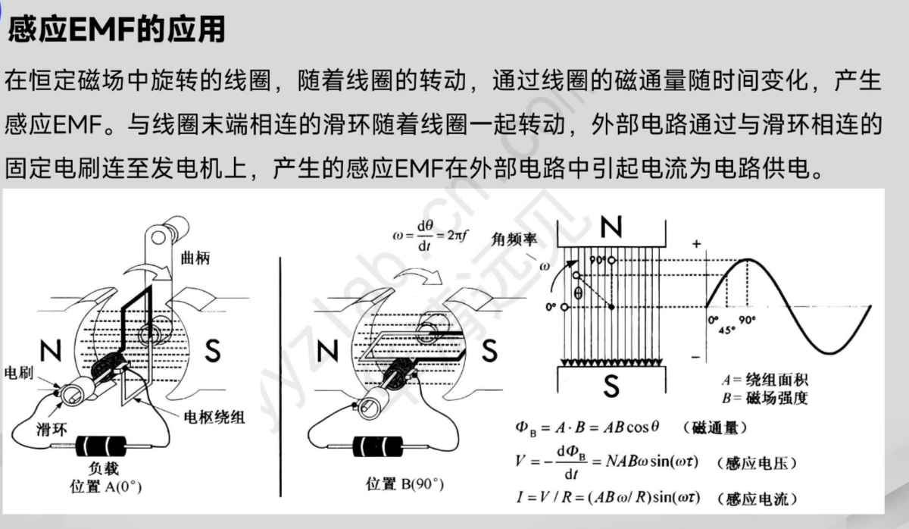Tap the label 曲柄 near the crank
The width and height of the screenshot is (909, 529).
195,258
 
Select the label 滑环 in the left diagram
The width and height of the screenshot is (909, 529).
53,430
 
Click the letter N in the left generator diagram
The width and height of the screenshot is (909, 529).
51,351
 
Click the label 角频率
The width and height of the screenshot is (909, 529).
514,239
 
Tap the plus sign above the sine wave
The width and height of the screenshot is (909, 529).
695,244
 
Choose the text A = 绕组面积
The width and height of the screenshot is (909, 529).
764,380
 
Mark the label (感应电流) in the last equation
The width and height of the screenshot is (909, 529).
761,499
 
